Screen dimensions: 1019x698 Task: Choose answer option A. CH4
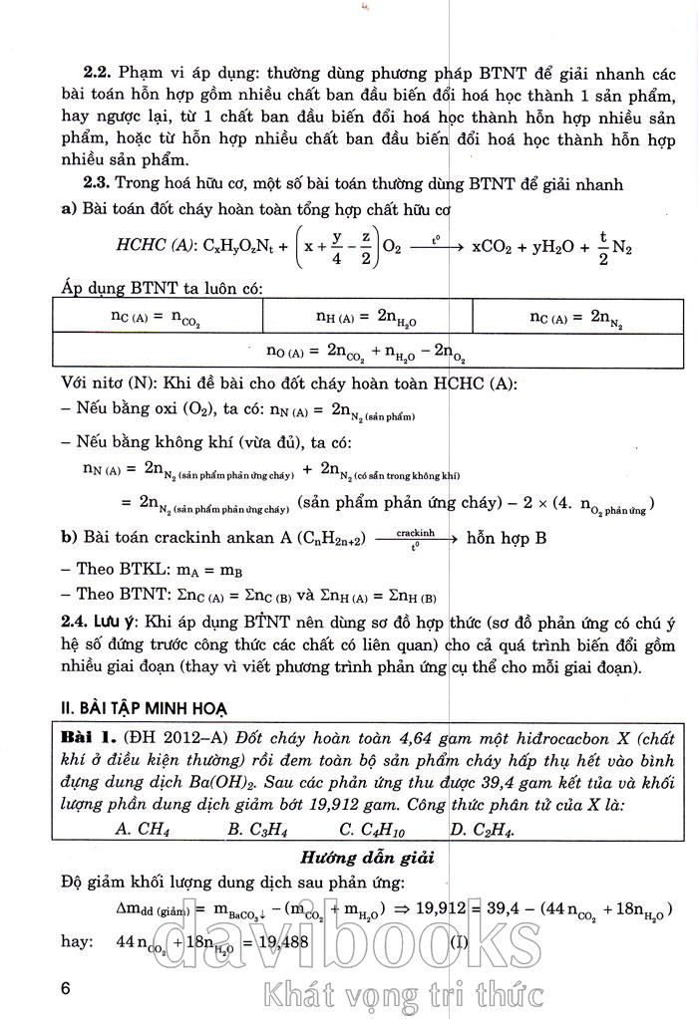(141, 828)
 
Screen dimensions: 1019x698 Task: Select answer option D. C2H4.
(484, 828)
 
